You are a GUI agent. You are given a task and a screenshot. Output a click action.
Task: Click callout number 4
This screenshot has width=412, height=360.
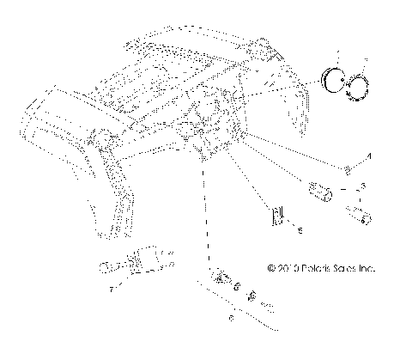370,156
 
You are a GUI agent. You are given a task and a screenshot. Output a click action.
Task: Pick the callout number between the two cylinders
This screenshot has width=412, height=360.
363,186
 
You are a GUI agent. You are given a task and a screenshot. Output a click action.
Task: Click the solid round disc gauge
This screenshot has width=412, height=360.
334,84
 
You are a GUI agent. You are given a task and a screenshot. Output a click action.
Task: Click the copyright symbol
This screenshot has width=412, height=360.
271,268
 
